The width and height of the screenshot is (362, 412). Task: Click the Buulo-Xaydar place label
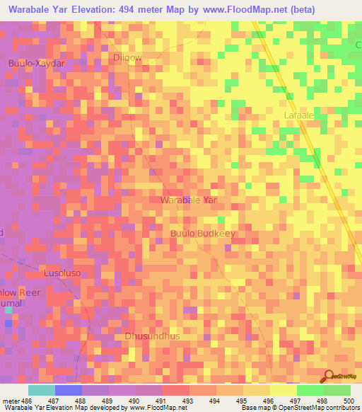click(36, 63)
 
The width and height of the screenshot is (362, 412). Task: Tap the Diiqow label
click(128, 57)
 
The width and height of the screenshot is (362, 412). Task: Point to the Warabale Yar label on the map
click(188, 200)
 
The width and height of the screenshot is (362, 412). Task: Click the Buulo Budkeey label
click(202, 233)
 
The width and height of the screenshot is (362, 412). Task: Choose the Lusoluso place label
click(64, 273)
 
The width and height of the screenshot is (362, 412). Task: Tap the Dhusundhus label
click(152, 336)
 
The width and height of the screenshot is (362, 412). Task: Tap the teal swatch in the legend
click(42, 390)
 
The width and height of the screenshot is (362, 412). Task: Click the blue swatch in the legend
click(69, 390)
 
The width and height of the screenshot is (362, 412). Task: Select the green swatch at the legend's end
click(337, 390)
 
